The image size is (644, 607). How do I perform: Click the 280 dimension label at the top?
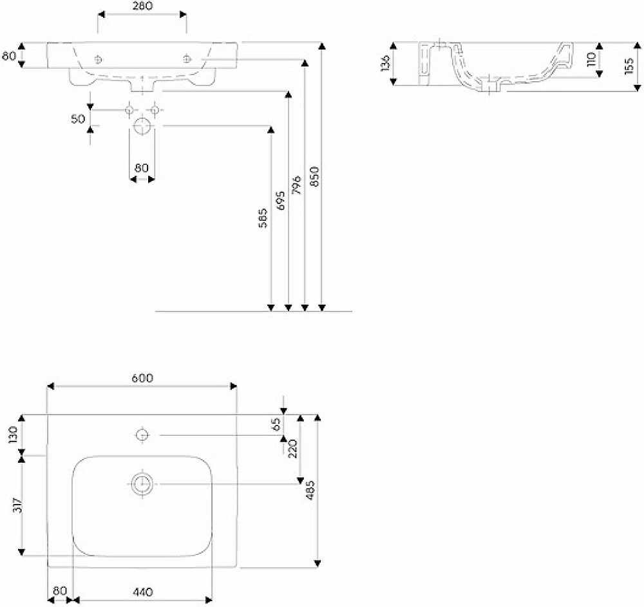pyautogui.click(x=142, y=6)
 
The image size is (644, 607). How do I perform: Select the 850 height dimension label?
pyautogui.click(x=314, y=176)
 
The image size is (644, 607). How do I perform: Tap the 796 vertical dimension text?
pyautogui.click(x=296, y=185)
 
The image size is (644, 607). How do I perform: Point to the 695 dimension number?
pyautogui.click(x=281, y=200)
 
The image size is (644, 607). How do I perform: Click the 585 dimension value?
pyautogui.click(x=263, y=218)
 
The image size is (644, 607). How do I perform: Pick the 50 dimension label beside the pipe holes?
pyautogui.click(x=78, y=119)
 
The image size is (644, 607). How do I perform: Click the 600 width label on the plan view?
pyautogui.click(x=142, y=378)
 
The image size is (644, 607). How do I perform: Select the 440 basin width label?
pyautogui.click(x=143, y=592)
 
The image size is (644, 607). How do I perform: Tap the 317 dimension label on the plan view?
pyautogui.click(x=17, y=505)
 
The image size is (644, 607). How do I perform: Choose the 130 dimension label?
pyautogui.click(x=13, y=434)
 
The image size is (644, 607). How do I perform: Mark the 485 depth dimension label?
pyautogui.click(x=310, y=490)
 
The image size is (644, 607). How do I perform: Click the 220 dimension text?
pyautogui.click(x=292, y=449)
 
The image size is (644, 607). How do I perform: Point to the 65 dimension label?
pyautogui.click(x=276, y=424)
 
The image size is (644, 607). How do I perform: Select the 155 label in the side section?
pyautogui.click(x=629, y=66)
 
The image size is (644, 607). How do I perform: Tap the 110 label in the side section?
pyautogui.click(x=591, y=59)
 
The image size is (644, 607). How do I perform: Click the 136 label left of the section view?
pyautogui.click(x=385, y=63)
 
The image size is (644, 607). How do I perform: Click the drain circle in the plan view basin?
pyautogui.click(x=142, y=484)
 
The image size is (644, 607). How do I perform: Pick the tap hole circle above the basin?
pyautogui.click(x=142, y=434)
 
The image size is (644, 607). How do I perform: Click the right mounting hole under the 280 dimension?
pyautogui.click(x=187, y=59)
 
